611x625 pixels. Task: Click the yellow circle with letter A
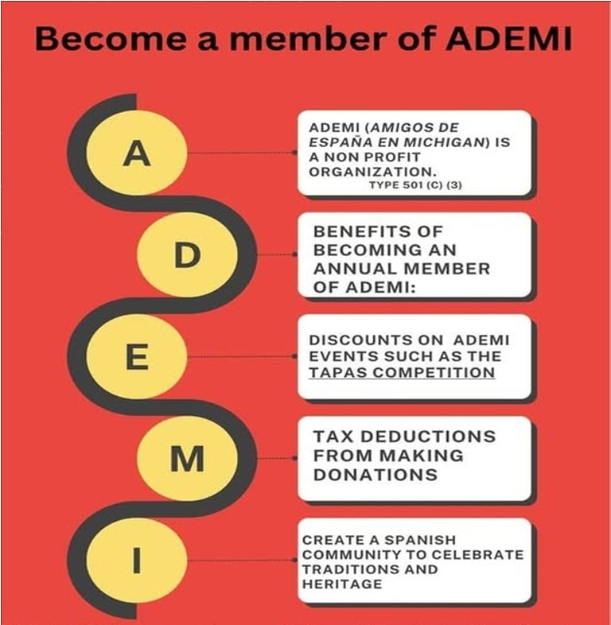tap(137, 153)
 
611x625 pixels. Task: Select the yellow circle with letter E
tap(137, 358)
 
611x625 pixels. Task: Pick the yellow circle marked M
tap(188, 460)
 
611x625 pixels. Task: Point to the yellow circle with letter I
tap(137, 561)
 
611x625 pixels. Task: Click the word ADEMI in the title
tap(509, 39)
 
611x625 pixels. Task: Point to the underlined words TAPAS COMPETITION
tap(402, 372)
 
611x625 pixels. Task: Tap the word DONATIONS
tap(376, 475)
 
